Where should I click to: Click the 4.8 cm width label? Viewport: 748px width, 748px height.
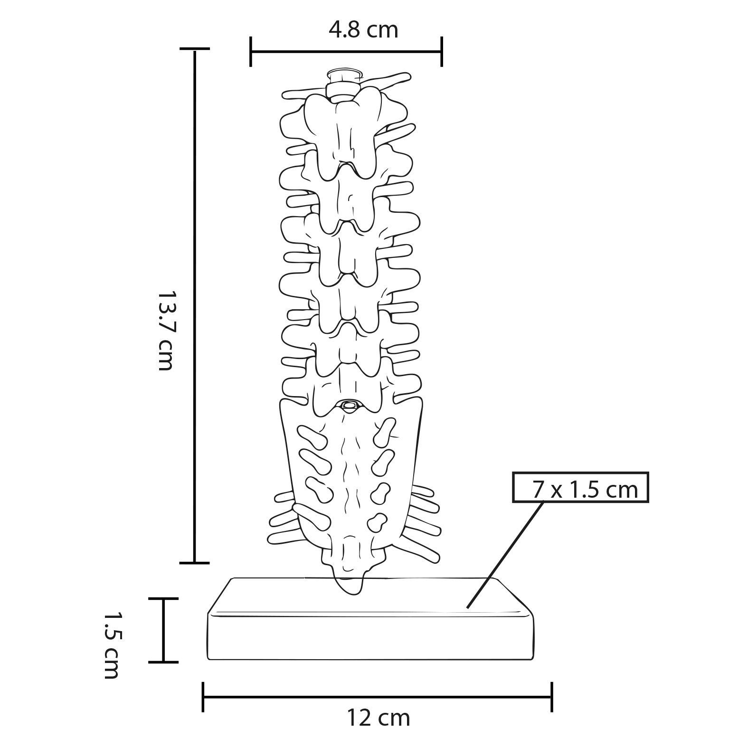363,30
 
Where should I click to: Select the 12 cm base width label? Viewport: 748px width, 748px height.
378,718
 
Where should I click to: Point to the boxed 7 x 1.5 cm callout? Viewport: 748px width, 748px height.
580,487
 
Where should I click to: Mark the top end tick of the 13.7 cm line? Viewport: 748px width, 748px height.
194,49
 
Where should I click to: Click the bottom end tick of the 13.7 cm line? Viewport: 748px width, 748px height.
194,563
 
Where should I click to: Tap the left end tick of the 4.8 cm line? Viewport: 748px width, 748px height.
251,51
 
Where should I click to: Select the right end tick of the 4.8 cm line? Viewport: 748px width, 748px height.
442,51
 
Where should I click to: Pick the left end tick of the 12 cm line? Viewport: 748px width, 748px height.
203,697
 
